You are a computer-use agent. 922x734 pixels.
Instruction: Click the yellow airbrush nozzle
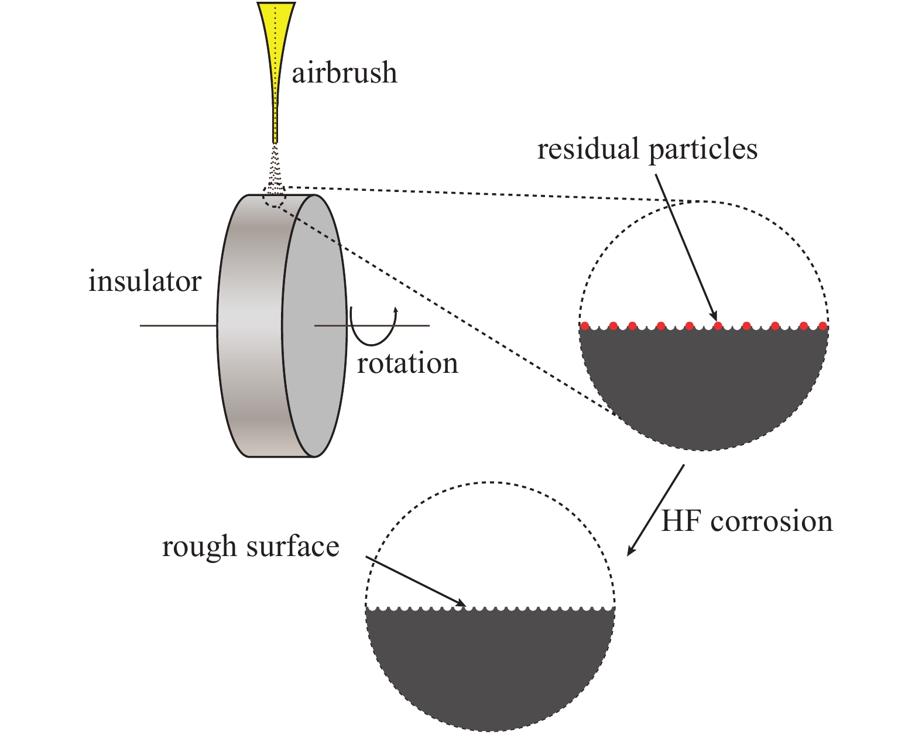click(276, 47)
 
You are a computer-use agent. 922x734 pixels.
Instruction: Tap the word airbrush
click(344, 74)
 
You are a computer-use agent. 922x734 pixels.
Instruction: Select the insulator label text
click(145, 282)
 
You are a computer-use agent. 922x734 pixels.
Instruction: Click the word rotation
click(407, 363)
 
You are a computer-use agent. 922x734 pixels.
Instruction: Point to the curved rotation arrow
click(373, 328)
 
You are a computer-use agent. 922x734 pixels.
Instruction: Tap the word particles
click(703, 150)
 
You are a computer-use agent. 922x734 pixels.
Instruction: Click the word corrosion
click(772, 521)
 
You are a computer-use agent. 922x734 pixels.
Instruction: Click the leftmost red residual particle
click(584, 326)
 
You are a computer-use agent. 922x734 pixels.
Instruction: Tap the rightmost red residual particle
click(822, 326)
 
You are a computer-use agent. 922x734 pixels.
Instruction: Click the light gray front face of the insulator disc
click(314, 325)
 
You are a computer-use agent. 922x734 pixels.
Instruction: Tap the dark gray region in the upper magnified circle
click(702, 386)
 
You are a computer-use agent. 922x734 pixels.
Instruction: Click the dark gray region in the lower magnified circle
click(489, 667)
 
